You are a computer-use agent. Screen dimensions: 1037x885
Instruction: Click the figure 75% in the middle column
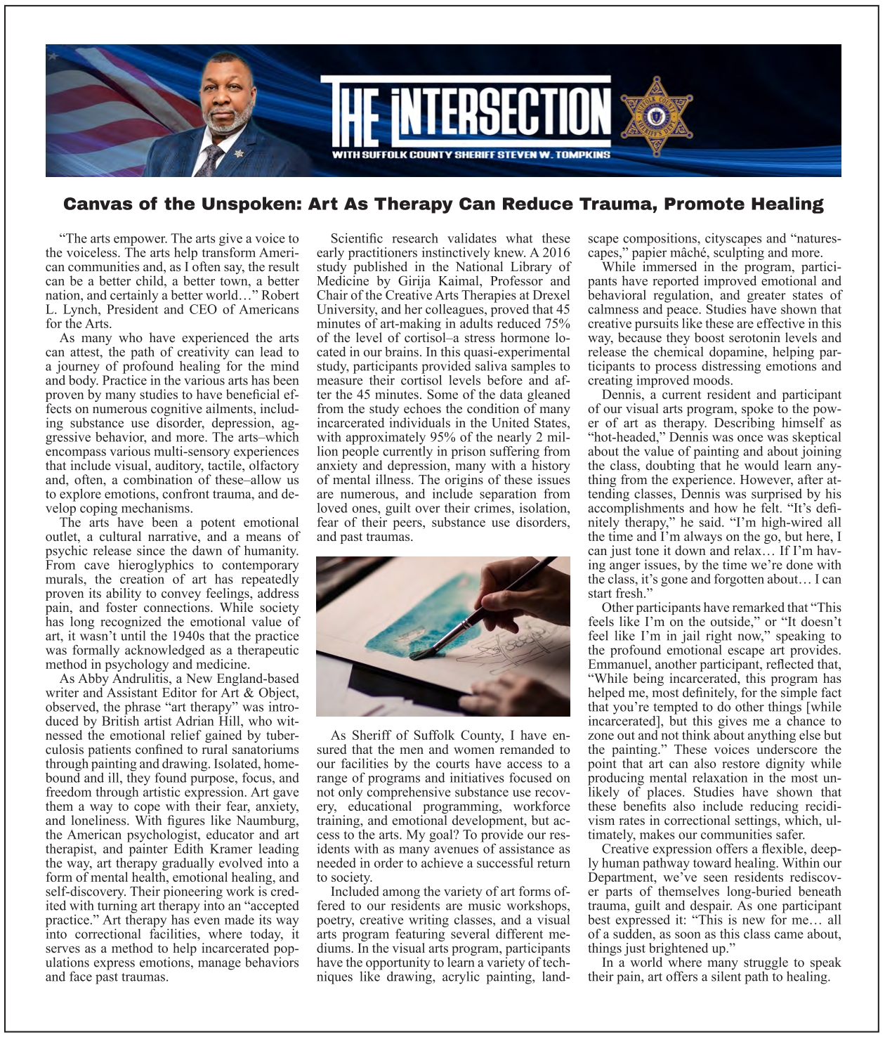click(556, 324)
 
